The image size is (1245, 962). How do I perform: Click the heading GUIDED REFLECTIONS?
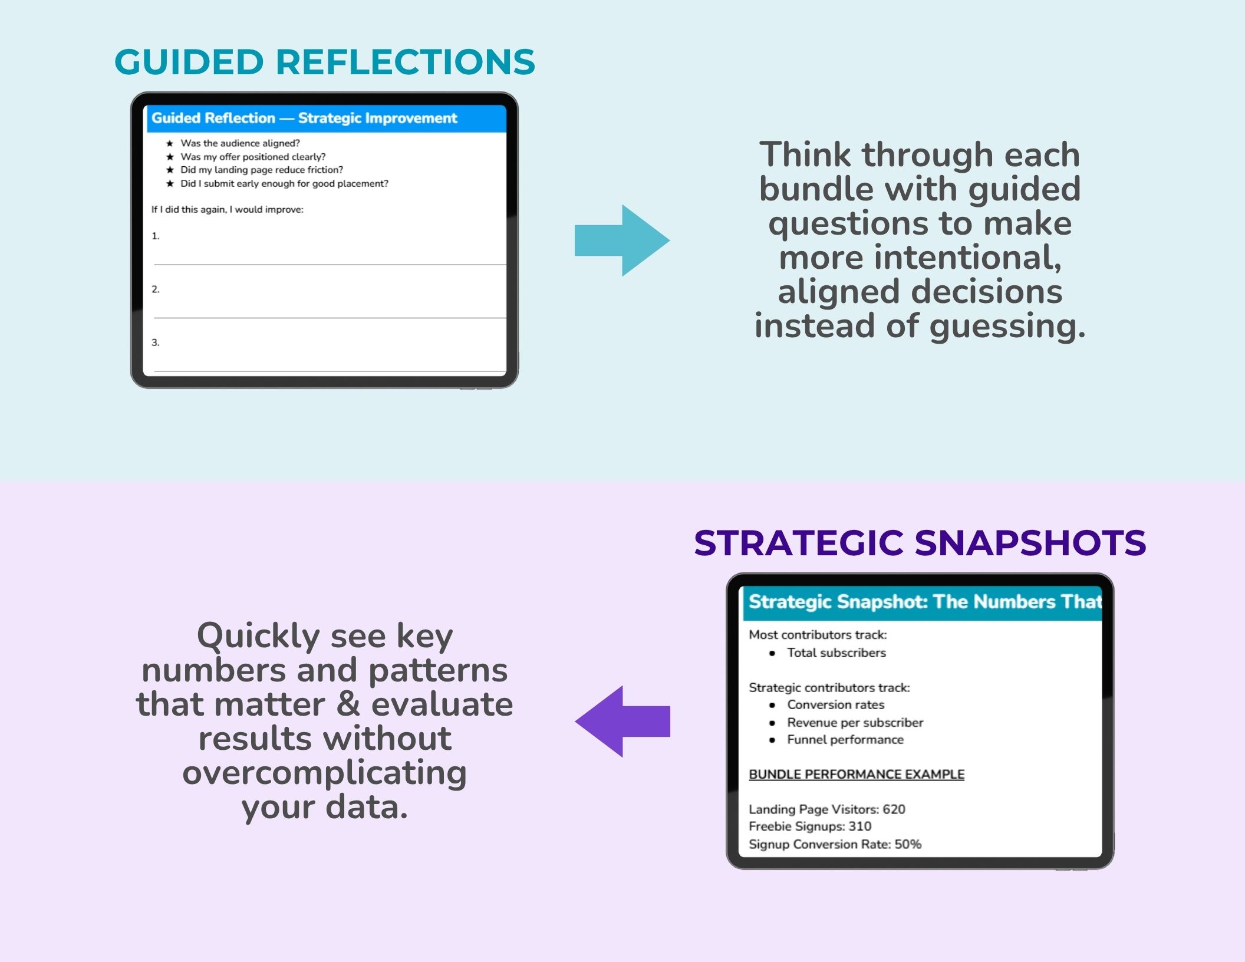(x=324, y=62)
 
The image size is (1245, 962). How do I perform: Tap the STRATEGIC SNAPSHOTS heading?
(x=920, y=542)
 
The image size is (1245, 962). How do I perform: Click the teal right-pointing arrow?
(x=622, y=240)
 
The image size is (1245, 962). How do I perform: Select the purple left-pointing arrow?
(x=622, y=721)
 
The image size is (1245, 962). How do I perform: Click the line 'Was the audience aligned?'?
(x=240, y=143)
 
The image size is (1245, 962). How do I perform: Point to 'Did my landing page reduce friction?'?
(x=262, y=170)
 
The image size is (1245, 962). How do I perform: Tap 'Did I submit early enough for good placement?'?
(x=284, y=183)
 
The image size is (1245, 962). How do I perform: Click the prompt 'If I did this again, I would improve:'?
(x=227, y=209)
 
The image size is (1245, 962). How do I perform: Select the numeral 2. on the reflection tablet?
(x=156, y=289)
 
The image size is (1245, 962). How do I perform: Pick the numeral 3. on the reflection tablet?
(x=156, y=342)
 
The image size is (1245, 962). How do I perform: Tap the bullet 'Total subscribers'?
(x=836, y=653)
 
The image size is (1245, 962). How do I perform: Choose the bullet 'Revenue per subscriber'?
(x=855, y=722)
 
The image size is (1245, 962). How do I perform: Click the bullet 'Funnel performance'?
(x=845, y=739)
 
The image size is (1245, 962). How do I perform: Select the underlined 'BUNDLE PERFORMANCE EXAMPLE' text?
(x=857, y=774)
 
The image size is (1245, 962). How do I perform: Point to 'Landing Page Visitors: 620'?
(x=826, y=809)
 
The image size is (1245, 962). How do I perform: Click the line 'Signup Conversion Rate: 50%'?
(x=835, y=844)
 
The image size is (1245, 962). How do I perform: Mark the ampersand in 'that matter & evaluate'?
(x=348, y=704)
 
